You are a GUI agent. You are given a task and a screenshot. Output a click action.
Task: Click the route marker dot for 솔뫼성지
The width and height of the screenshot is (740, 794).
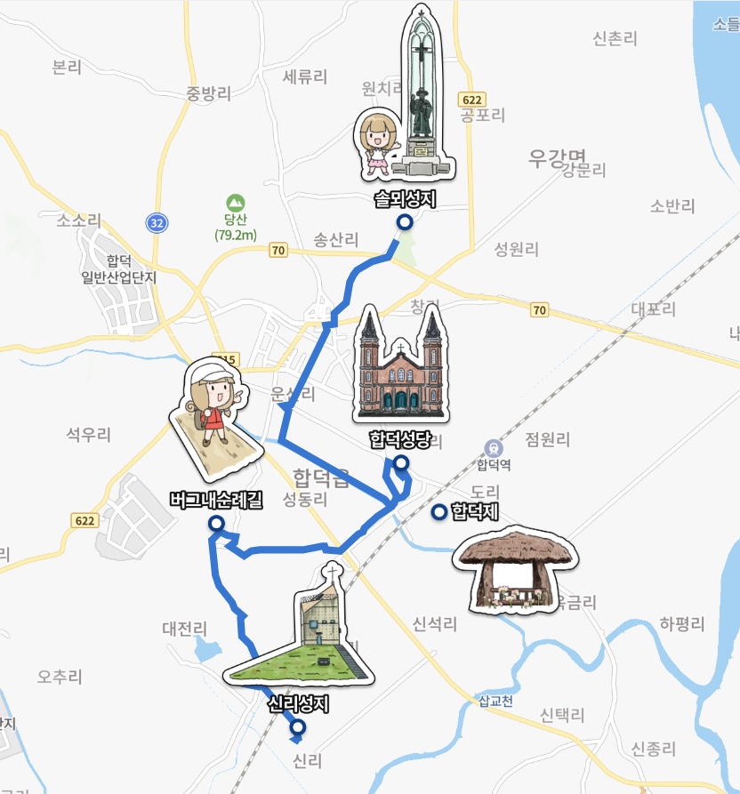[x=404, y=223]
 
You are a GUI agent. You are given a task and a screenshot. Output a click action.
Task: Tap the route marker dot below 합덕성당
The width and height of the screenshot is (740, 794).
[x=401, y=462]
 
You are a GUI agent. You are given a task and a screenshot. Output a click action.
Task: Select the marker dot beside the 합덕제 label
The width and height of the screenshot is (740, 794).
[x=438, y=512]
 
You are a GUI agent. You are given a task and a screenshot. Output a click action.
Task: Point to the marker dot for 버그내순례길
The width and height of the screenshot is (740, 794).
[x=215, y=525]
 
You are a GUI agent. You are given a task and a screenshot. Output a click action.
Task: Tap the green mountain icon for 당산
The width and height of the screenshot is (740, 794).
[x=235, y=202]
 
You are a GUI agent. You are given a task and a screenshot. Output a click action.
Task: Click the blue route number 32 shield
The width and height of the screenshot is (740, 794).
[x=157, y=222]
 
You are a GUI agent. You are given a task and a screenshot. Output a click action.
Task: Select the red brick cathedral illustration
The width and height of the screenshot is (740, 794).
[x=399, y=366]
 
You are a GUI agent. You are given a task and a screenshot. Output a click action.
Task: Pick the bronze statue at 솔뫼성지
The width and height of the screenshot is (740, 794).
[x=420, y=98]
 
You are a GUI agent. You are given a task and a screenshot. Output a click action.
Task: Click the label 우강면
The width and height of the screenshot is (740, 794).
[x=558, y=158]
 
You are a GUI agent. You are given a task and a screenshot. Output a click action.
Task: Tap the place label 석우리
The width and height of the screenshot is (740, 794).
[x=88, y=435]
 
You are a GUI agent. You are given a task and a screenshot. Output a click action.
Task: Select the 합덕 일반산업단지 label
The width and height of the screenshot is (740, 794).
[x=118, y=269]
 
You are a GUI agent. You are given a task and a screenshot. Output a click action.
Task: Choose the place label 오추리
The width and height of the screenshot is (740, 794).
[x=60, y=677]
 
